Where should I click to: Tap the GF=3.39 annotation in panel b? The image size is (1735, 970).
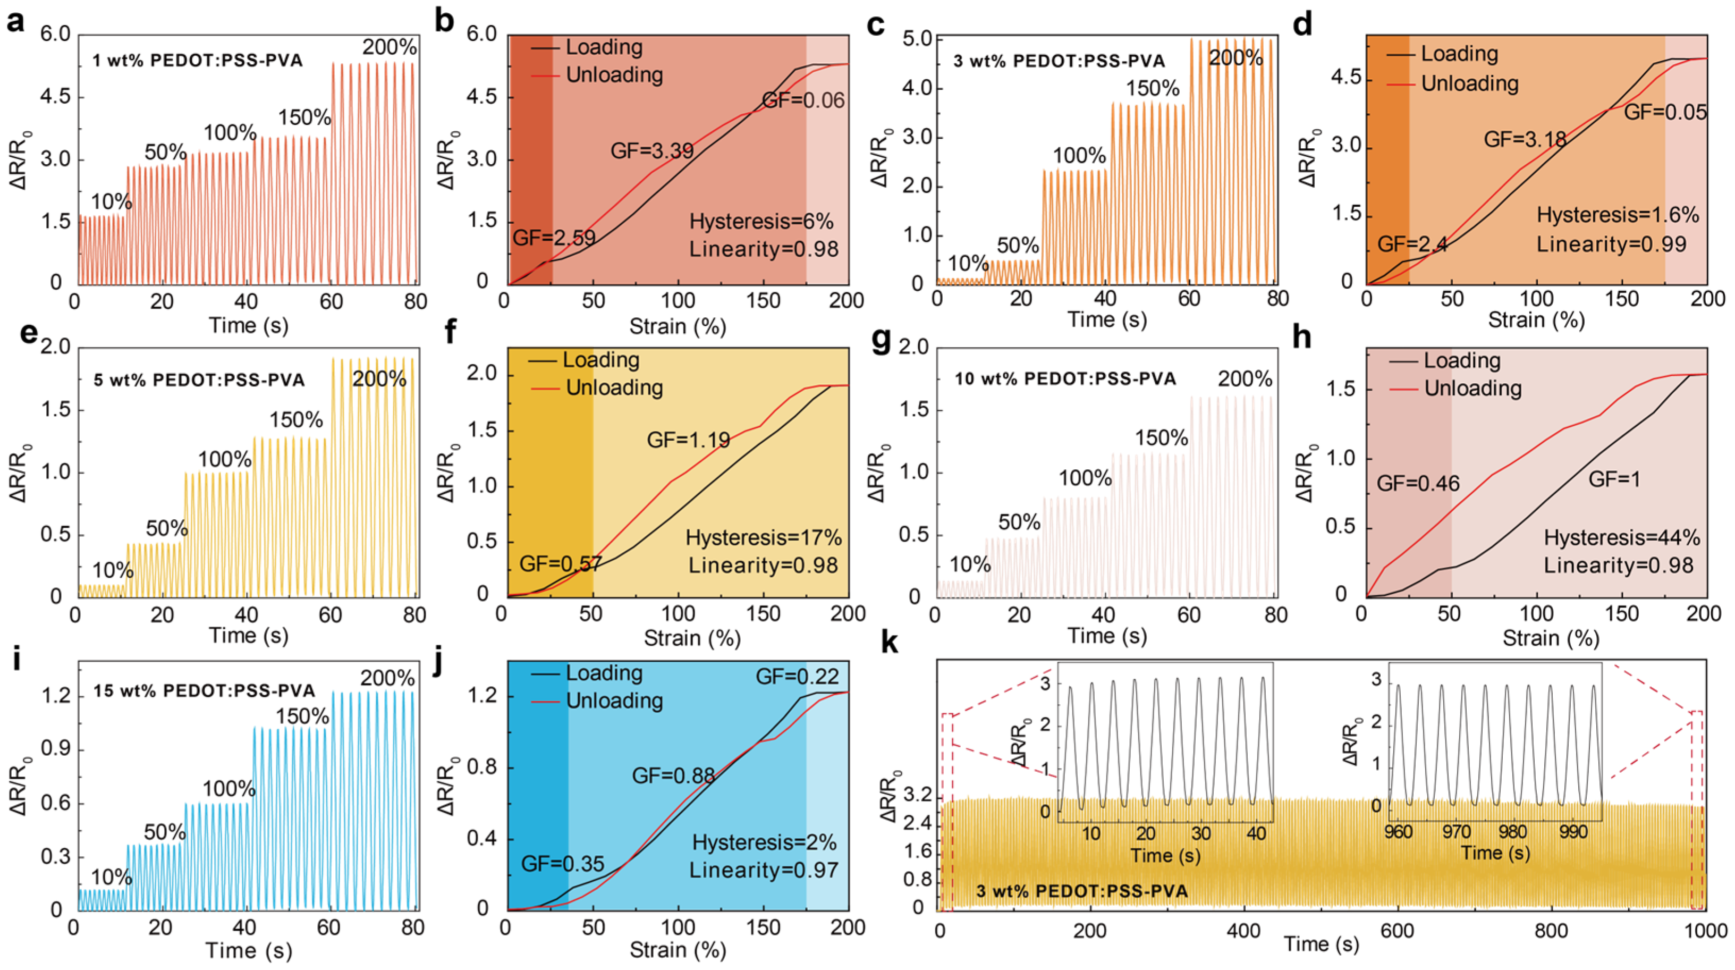tap(651, 150)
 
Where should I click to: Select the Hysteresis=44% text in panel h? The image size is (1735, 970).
tap(1621, 537)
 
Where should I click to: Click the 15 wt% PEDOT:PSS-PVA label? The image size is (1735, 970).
tap(204, 691)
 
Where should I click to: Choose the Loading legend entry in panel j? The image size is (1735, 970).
tap(604, 673)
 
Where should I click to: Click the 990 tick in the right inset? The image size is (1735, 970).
tap(1573, 832)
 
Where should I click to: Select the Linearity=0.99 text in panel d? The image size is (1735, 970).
tap(1611, 244)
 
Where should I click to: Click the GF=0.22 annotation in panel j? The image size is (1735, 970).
tap(797, 676)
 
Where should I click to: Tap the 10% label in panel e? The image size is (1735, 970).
tap(113, 570)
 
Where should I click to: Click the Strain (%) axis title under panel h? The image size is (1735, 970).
tap(1551, 638)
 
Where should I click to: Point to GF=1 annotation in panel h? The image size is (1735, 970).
tap(1614, 479)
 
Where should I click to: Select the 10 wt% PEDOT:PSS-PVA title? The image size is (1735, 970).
tap(1065, 378)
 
